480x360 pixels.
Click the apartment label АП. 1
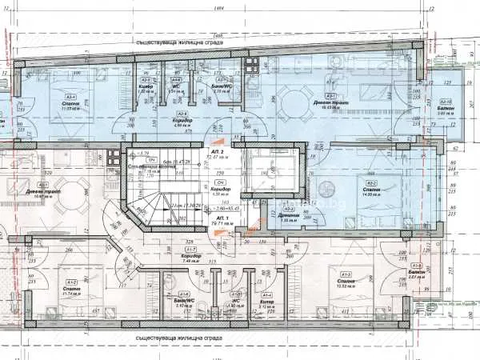[216, 218]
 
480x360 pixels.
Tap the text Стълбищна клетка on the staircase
[147, 165]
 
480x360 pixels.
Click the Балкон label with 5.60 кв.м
[446, 110]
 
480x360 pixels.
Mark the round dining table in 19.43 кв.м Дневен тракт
[288, 100]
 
